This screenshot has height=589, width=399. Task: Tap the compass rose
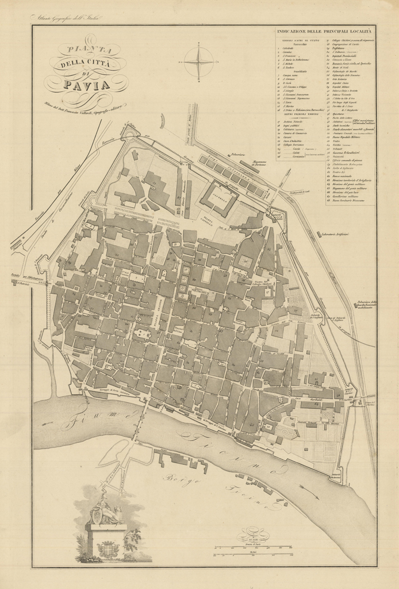click(x=198, y=62)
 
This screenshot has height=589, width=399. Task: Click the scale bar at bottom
click(x=256, y=548)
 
